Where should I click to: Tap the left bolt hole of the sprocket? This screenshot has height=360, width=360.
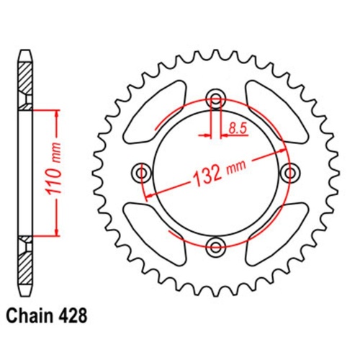(x=142, y=173)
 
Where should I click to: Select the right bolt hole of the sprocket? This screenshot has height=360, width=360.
(x=290, y=173)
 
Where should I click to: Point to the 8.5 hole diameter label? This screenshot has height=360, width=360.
(x=236, y=130)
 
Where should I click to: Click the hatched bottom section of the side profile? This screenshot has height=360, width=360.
(x=24, y=270)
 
